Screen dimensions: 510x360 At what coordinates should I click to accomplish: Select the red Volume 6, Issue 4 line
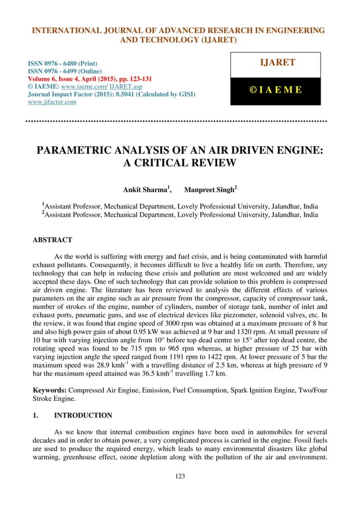(85, 79)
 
